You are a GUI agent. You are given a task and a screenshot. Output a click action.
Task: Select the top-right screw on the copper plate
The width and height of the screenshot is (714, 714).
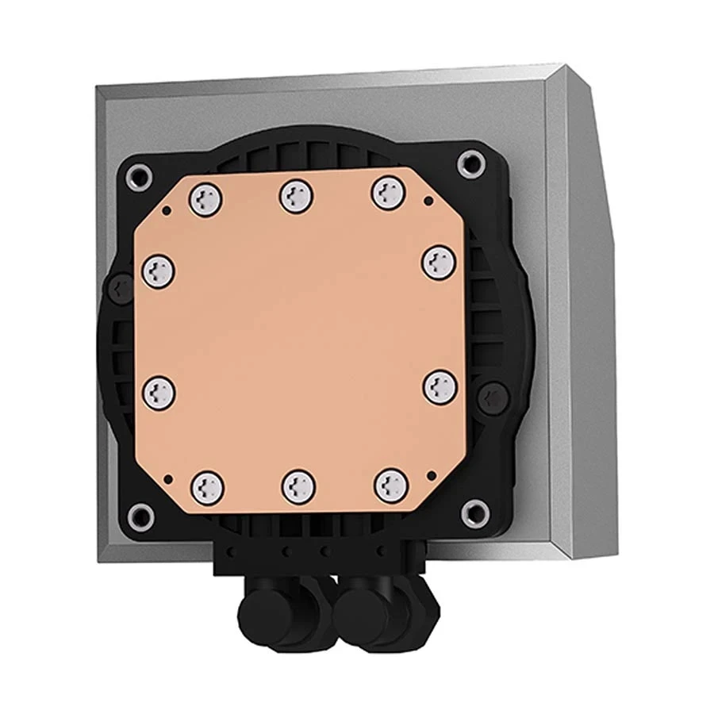(388, 192)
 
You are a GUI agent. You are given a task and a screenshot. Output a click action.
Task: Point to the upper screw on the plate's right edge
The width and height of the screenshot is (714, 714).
(437, 262)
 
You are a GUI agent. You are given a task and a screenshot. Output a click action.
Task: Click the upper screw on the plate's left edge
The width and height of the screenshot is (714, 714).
(158, 271)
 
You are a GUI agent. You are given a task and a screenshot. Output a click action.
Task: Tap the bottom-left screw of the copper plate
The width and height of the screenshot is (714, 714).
(206, 485)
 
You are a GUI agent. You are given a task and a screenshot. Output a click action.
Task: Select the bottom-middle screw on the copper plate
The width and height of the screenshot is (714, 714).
(298, 485)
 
